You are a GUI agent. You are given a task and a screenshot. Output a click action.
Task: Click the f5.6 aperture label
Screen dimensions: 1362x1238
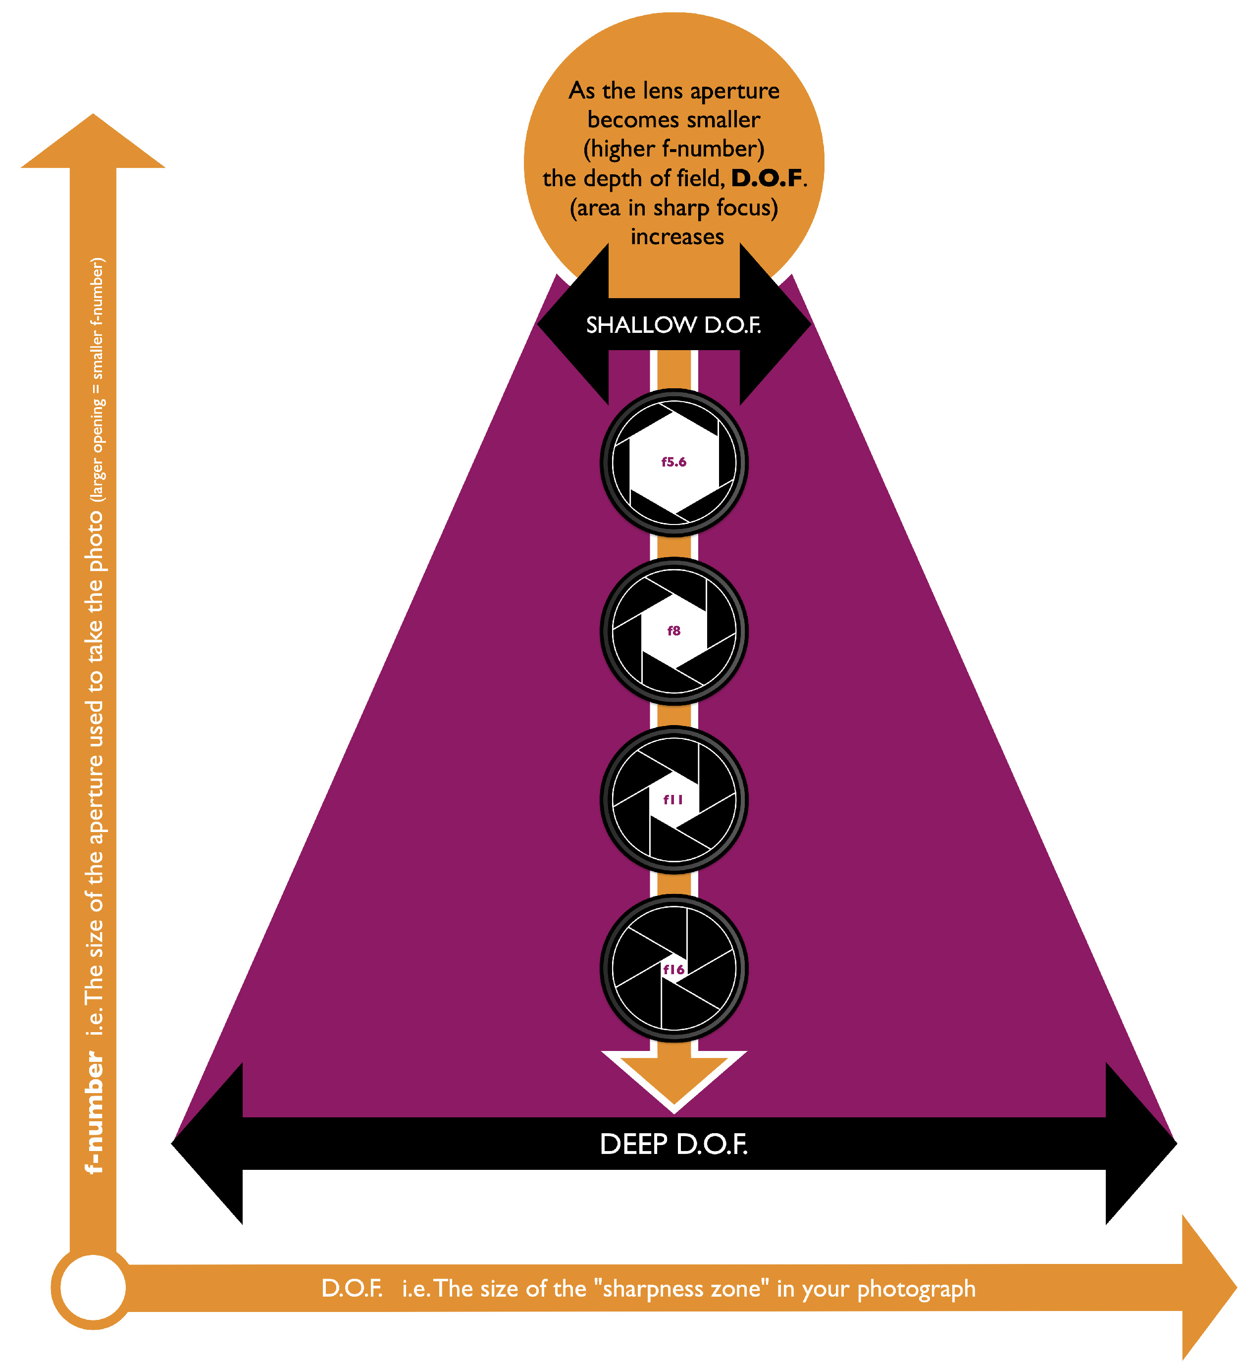point(673,462)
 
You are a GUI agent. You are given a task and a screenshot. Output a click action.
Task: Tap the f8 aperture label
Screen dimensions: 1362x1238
point(673,631)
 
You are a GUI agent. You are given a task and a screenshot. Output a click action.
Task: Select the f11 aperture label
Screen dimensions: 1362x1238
point(673,800)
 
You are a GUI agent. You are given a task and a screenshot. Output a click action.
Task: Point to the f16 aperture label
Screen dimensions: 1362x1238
point(673,969)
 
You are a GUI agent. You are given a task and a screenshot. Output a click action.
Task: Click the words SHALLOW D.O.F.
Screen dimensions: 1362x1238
point(673,325)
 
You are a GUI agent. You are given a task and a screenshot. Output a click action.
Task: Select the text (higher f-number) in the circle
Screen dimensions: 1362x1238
point(673,149)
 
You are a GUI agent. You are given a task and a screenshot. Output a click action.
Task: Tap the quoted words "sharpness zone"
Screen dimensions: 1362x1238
point(681,1288)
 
